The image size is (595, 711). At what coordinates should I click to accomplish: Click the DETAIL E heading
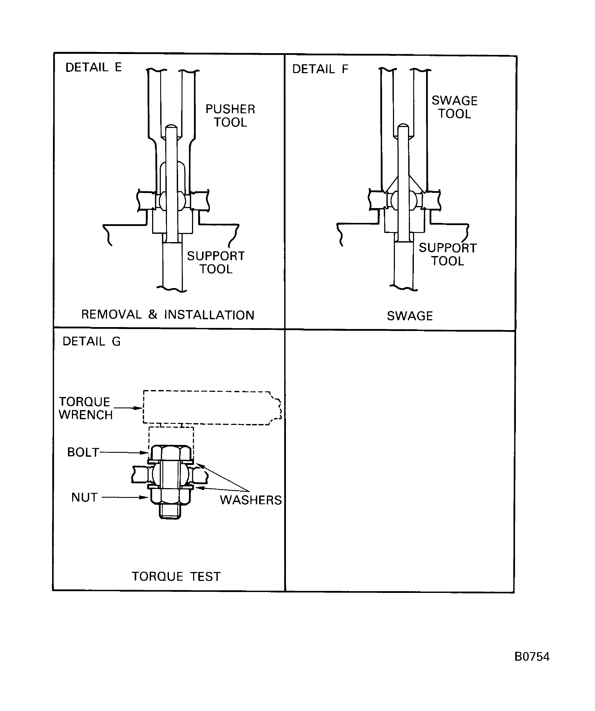[x=93, y=67]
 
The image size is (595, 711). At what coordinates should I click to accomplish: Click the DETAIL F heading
[x=320, y=69]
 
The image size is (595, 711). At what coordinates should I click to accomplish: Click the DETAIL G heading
[x=92, y=341]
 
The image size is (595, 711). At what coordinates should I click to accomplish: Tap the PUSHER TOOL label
[x=230, y=115]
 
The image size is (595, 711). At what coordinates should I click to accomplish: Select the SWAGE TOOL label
[x=454, y=107]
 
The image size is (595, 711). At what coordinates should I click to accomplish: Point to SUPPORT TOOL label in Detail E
[x=216, y=262]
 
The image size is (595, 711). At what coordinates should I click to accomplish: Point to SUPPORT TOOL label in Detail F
[x=447, y=254]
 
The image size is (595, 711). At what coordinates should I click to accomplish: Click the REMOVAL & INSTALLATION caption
[x=168, y=315]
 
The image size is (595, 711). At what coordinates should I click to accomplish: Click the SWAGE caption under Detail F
[x=410, y=316]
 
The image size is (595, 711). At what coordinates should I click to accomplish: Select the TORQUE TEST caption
[x=176, y=577]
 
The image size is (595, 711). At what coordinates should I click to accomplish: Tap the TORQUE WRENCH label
[x=85, y=408]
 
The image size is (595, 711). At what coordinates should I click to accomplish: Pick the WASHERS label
[x=251, y=500]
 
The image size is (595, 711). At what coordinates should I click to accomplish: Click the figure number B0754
[x=532, y=657]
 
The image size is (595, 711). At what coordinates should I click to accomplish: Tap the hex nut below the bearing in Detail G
[x=170, y=496]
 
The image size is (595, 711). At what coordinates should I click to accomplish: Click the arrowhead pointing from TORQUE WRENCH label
[x=139, y=408]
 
